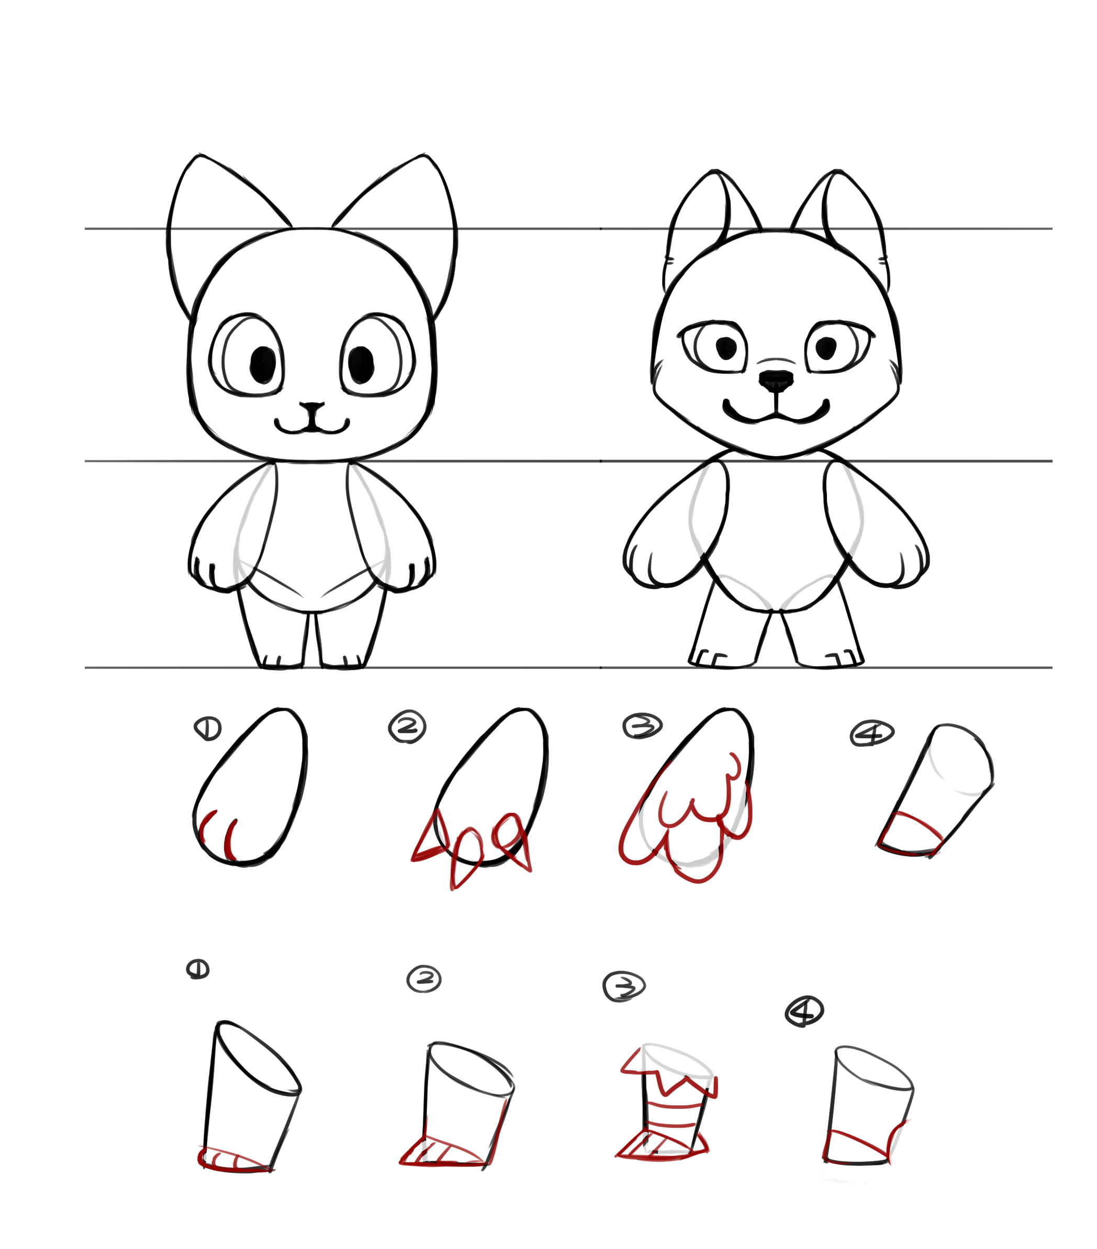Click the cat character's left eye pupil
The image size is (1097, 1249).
click(263, 365)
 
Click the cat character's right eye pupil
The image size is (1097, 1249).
click(361, 365)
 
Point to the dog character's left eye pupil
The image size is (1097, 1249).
click(726, 348)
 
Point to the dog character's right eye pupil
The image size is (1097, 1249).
click(826, 348)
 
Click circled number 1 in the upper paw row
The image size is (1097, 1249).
click(208, 728)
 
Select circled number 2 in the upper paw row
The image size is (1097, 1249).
click(407, 727)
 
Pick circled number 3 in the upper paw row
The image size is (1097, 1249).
click(643, 726)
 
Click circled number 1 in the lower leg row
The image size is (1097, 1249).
click(198, 969)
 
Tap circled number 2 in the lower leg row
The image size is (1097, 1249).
click(424, 979)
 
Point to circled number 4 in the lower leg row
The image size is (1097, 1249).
click(804, 1011)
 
